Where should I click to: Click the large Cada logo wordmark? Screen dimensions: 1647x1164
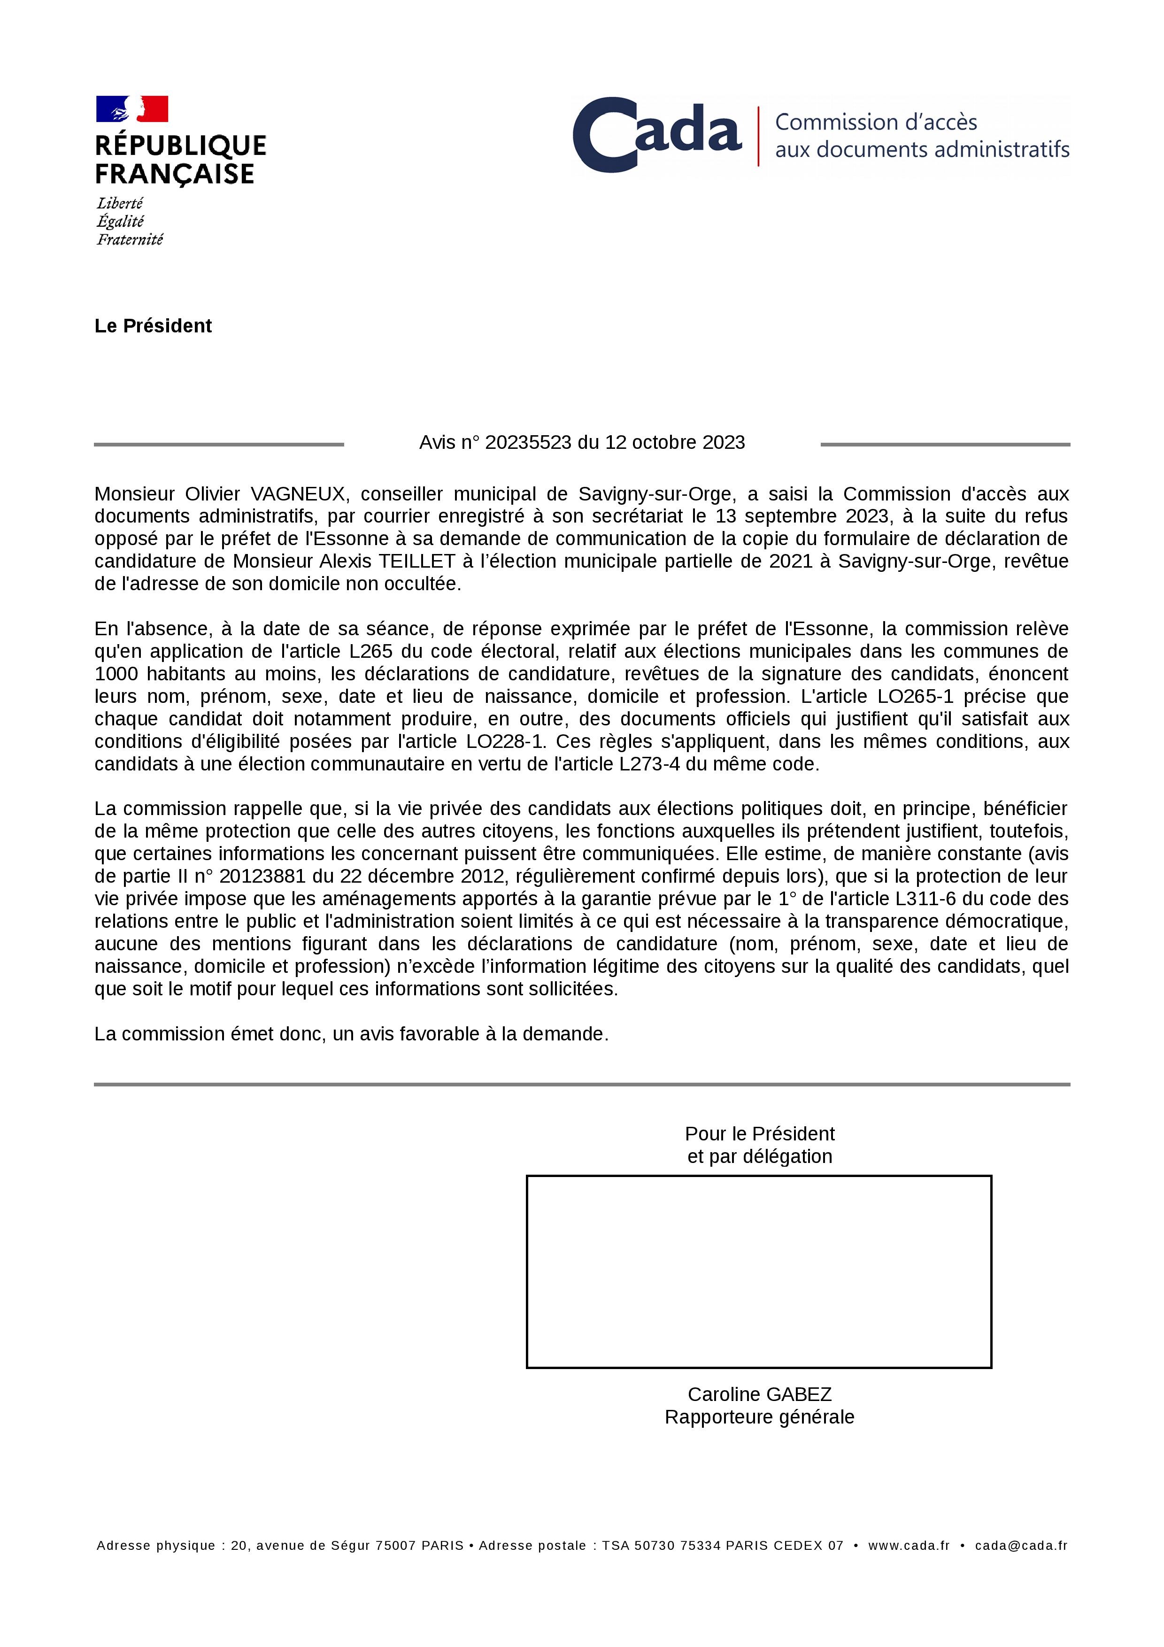[657, 134]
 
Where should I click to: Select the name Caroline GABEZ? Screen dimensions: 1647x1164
[760, 1394]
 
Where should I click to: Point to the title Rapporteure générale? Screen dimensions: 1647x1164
[760, 1417]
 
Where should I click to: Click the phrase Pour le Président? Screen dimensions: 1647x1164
[760, 1134]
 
